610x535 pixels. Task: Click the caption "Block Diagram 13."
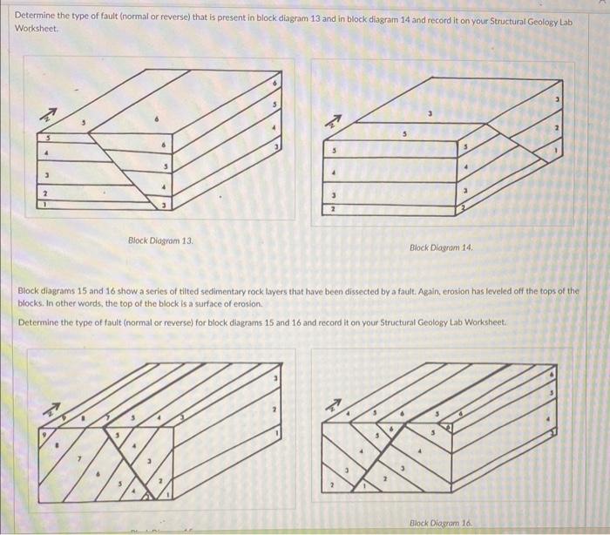pyautogui.click(x=160, y=240)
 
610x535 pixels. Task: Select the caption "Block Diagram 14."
pyautogui.click(x=441, y=247)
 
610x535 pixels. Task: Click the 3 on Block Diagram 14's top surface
pyautogui.click(x=428, y=112)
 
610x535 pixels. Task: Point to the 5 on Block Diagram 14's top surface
pyautogui.click(x=403, y=134)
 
